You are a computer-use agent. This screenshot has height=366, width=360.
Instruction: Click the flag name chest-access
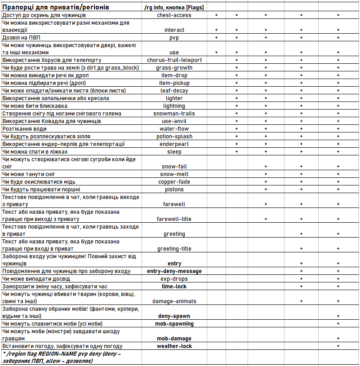pyautogui.click(x=174, y=15)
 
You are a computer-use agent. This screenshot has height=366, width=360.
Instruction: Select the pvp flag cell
pyautogui.click(x=174, y=38)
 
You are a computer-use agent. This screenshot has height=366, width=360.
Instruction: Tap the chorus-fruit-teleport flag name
pyautogui.click(x=174, y=60)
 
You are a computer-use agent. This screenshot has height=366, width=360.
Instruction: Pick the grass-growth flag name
pyautogui.click(x=174, y=68)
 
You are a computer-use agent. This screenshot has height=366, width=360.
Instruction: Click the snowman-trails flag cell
pyautogui.click(x=174, y=114)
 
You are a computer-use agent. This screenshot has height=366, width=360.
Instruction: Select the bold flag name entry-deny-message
pyautogui.click(x=174, y=271)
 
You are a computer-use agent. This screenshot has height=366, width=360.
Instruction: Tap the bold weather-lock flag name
pyautogui.click(x=174, y=346)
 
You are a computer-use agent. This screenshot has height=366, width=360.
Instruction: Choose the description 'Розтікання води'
pyautogui.click(x=24, y=129)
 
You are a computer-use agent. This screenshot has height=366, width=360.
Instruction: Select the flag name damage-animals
pyautogui.click(x=174, y=301)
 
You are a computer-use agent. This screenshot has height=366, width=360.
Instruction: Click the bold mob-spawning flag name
pyautogui.click(x=174, y=324)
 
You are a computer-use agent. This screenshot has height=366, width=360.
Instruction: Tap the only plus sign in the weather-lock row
pyautogui.click(x=338, y=346)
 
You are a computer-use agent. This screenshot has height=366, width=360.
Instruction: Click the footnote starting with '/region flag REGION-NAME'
pyautogui.click(x=63, y=357)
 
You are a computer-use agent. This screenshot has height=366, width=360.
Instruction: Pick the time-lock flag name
pyautogui.click(x=174, y=287)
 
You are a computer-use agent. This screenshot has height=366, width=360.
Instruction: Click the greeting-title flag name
pyautogui.click(x=174, y=249)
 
